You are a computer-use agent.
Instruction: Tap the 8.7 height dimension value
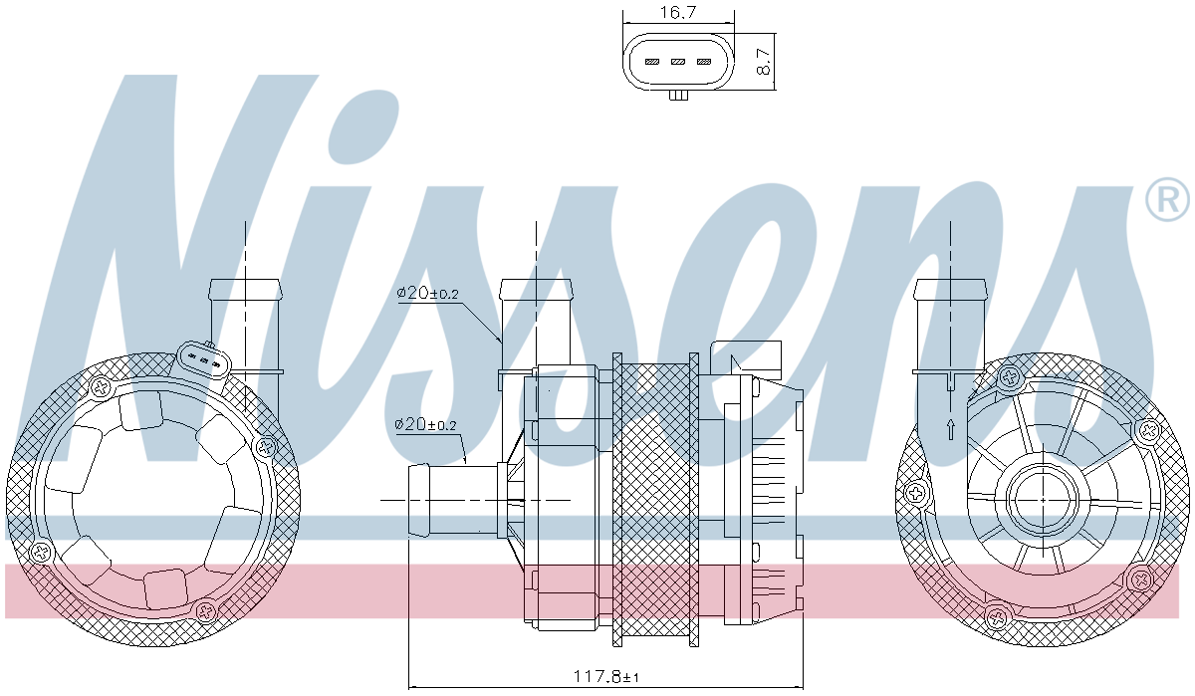coord(764,58)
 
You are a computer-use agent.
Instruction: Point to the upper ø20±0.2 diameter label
coord(427,293)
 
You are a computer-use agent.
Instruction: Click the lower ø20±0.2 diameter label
coord(425,424)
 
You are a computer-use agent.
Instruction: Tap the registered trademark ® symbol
coord(1167,199)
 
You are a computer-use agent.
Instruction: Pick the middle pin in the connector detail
coord(677,62)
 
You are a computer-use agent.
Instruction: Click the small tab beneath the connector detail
coord(677,96)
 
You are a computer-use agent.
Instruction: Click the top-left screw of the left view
coord(100,386)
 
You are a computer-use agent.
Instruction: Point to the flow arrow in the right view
coord(951,429)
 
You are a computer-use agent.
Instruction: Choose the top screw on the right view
coord(1010,376)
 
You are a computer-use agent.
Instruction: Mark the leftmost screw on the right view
coord(915,491)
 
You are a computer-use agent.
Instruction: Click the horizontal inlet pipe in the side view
coord(453,499)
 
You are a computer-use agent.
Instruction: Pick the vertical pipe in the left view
coord(245,329)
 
